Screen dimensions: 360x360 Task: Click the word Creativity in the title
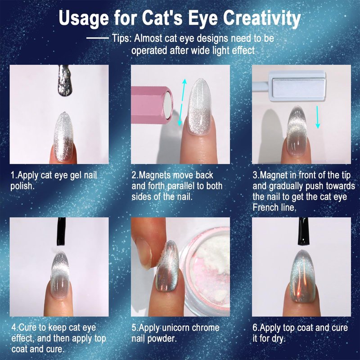262,18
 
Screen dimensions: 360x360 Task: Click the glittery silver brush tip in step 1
65,81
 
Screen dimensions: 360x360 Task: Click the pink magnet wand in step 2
152,105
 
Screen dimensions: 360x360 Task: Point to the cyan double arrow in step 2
182,103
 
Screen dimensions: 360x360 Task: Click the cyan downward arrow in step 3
318,117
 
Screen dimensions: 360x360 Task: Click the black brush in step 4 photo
61,231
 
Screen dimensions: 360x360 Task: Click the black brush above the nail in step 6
303,231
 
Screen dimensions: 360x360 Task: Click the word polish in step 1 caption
22,186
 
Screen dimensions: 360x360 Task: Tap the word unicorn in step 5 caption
176,328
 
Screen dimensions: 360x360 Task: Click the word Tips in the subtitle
121,38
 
